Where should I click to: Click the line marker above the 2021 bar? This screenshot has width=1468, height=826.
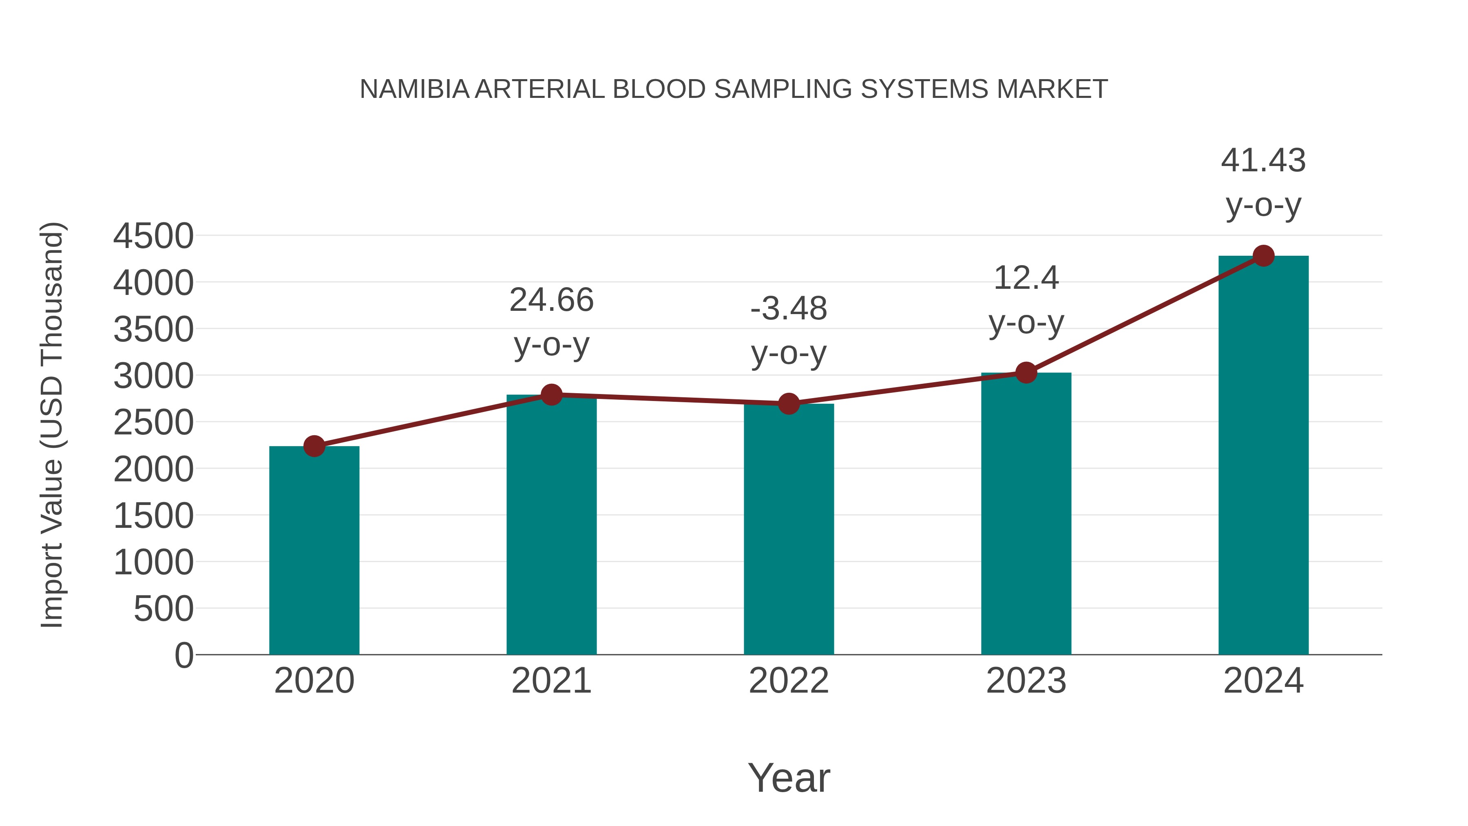[551, 394]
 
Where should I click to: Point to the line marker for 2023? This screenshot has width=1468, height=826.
[1026, 373]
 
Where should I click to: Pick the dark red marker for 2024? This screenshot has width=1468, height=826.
[1263, 255]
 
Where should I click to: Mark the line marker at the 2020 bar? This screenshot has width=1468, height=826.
[314, 446]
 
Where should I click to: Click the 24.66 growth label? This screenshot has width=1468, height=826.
[551, 300]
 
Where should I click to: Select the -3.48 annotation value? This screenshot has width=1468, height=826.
[788, 309]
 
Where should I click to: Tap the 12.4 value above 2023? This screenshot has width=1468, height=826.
[1026, 278]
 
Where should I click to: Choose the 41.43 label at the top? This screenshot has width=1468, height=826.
[1263, 160]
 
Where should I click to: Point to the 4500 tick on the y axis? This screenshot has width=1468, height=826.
[153, 236]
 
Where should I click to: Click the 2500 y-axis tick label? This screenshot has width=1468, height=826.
[153, 423]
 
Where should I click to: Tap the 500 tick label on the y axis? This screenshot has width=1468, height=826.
[164, 609]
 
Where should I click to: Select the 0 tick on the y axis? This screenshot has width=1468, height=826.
[183, 655]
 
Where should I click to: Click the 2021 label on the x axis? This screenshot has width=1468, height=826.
[551, 681]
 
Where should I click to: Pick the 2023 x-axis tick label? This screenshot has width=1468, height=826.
[1026, 681]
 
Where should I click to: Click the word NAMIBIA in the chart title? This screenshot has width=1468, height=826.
[414, 89]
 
